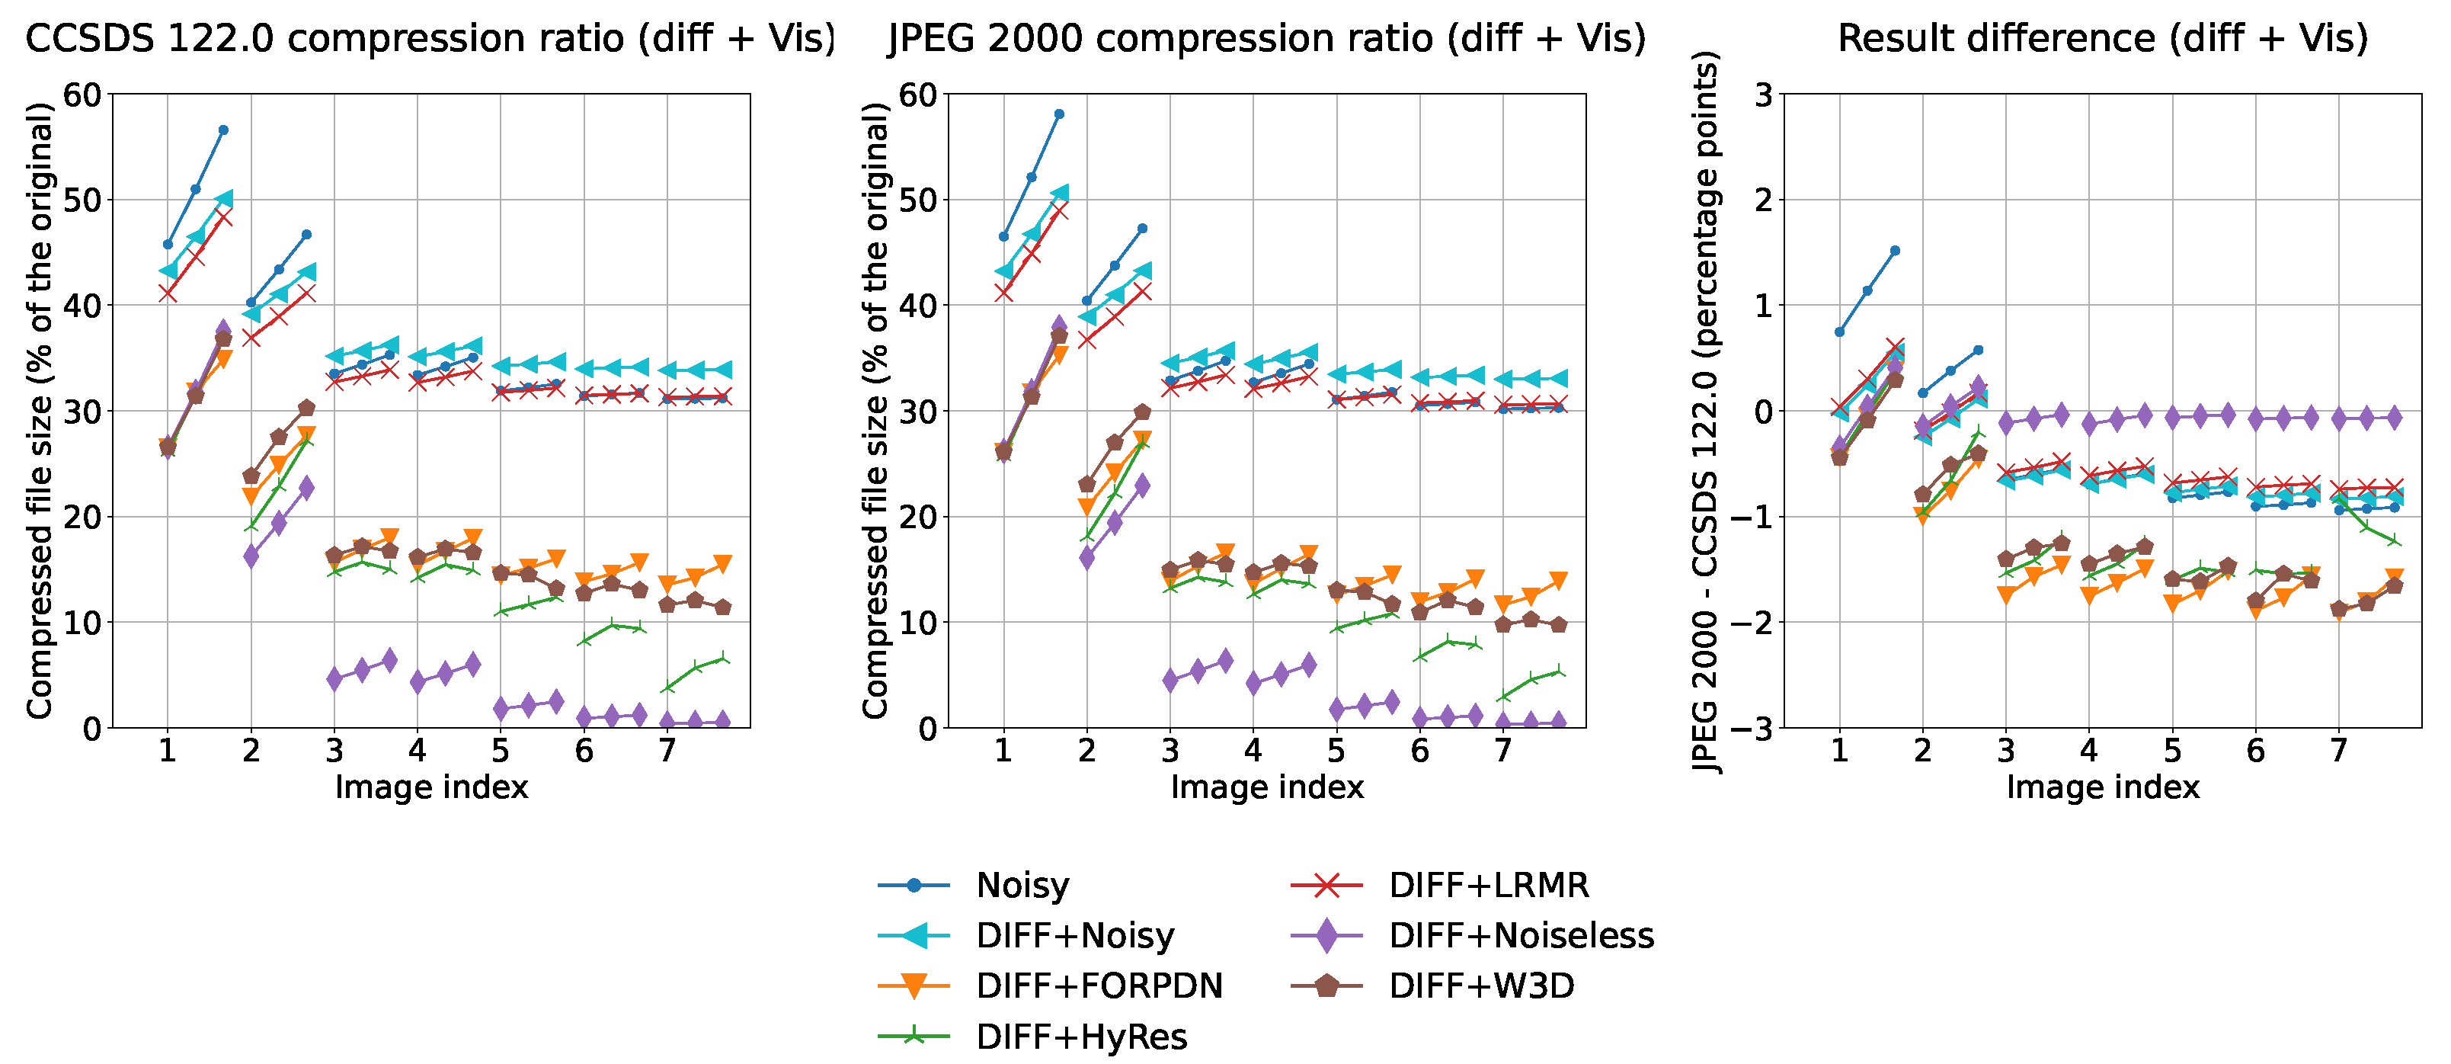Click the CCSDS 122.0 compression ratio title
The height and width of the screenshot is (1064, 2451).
(430, 38)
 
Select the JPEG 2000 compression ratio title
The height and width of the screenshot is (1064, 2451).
(1266, 38)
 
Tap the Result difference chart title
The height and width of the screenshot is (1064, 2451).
(2102, 38)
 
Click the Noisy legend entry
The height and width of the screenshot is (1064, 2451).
(1022, 885)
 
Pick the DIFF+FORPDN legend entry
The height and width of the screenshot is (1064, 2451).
(1099, 986)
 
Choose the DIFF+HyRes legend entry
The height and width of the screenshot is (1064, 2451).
(1081, 1037)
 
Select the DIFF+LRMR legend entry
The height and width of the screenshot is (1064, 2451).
(1488, 885)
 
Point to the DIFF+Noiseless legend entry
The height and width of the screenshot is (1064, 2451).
(1521, 935)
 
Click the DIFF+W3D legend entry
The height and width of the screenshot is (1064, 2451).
(1481, 986)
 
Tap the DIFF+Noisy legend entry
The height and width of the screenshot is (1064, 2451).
(1074, 935)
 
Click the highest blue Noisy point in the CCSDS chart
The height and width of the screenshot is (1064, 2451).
(222, 130)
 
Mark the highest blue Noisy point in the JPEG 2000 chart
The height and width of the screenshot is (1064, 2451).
(1059, 114)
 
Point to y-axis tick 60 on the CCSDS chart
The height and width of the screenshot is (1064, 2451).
(82, 95)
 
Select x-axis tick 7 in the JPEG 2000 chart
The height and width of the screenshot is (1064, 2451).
(1502, 752)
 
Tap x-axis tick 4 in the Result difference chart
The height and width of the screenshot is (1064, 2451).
(2088, 752)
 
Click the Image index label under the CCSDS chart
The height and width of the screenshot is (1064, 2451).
(431, 788)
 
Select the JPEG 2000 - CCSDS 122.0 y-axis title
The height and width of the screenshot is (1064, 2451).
(1707, 411)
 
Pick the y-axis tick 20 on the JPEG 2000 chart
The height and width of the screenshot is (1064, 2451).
(917, 517)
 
